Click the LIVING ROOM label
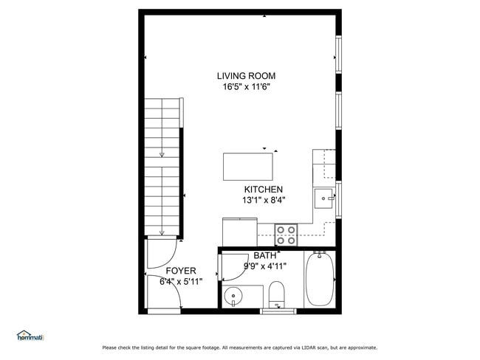point(246,76)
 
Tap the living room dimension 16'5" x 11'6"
point(246,87)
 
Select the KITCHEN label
point(264,190)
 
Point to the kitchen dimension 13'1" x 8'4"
point(264,201)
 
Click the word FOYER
point(181,271)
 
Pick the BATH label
point(265,255)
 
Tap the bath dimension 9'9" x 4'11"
point(265,266)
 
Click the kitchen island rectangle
point(248,167)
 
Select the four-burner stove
point(287,235)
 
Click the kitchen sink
point(323,198)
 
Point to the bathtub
point(320,279)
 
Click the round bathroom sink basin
point(233,296)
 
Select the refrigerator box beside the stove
point(240,232)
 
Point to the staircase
point(162,167)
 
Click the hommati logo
point(30,336)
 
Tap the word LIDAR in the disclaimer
point(309,347)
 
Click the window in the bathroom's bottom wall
point(278,311)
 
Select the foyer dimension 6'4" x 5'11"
point(181,282)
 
